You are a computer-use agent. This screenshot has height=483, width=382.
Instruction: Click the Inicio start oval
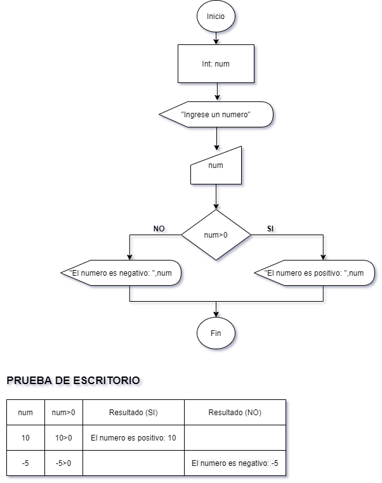tap(216, 16)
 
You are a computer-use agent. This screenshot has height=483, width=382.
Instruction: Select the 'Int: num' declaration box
tap(216, 64)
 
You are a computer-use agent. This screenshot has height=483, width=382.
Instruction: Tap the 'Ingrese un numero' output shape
tap(216, 115)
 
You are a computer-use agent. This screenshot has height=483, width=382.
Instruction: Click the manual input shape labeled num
tap(216, 166)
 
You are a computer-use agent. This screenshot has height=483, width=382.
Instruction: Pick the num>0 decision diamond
tap(216, 235)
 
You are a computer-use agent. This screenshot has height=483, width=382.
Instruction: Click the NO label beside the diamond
tap(159, 228)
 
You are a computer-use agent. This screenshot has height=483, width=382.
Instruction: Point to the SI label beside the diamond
tap(270, 228)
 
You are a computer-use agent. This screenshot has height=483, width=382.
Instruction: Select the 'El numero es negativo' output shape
tap(120, 273)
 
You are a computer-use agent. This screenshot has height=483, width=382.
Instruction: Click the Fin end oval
tap(216, 333)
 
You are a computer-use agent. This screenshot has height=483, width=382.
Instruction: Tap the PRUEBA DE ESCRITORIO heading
tap(73, 381)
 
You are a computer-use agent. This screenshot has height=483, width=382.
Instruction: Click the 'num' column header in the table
tap(26, 413)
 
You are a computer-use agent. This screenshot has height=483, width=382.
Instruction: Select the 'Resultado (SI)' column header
tap(133, 413)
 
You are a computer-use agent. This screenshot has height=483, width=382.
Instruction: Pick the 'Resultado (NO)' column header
tap(235, 413)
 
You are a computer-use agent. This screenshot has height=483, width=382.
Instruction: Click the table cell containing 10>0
tap(63, 438)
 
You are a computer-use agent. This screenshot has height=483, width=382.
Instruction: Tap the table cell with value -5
tap(26, 463)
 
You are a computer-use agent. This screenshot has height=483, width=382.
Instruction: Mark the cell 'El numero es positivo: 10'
tap(133, 438)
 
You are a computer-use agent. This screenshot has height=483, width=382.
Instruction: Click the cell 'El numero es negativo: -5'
tap(235, 463)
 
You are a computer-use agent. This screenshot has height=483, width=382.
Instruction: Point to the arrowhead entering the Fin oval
tap(216, 314)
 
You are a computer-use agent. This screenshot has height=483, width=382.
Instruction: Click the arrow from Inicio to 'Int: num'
tap(216, 37)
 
